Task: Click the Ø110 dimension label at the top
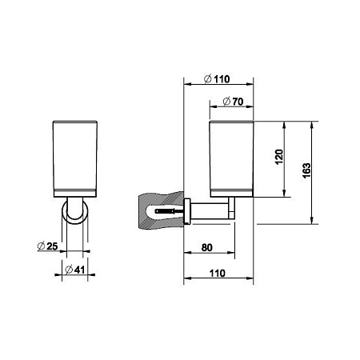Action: (218, 78)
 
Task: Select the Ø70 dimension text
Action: (230, 102)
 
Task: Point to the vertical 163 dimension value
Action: (306, 170)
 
